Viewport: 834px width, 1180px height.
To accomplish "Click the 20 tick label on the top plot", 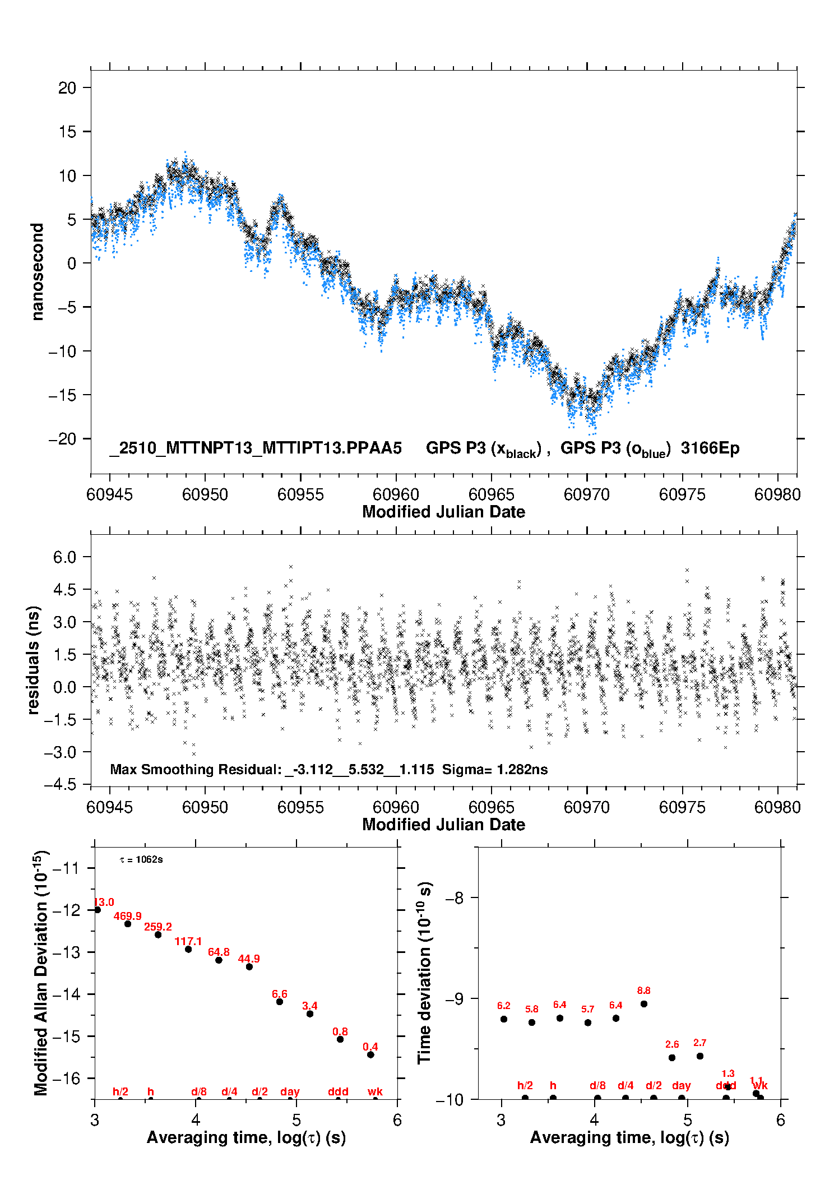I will pyautogui.click(x=67, y=88).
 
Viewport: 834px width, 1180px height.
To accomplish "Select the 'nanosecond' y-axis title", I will pyautogui.click(x=38, y=271).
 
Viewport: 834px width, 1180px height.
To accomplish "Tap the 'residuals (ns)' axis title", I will pyautogui.click(x=34, y=660).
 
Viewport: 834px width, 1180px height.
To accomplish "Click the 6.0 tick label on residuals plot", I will pyautogui.click(x=64, y=557).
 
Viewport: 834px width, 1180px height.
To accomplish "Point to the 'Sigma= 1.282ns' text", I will pyautogui.click(x=495, y=769).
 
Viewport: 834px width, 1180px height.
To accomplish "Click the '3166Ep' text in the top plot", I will pyautogui.click(x=710, y=448).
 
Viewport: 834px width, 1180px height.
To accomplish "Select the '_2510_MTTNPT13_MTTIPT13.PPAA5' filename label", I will pyautogui.click(x=256, y=448).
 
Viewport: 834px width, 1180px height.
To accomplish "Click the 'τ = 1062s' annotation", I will pyautogui.click(x=141, y=859).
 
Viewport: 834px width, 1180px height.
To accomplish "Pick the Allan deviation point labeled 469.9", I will pyautogui.click(x=128, y=923).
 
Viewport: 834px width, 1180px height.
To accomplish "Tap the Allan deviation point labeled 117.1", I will pyautogui.click(x=188, y=949).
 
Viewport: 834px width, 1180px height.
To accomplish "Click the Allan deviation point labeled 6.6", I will pyautogui.click(x=280, y=1001).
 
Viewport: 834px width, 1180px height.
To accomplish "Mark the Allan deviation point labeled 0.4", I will pyautogui.click(x=370, y=1054).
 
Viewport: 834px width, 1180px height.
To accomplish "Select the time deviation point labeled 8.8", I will pyautogui.click(x=644, y=1003).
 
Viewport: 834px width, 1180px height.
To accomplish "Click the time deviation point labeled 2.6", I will pyautogui.click(x=672, y=1057).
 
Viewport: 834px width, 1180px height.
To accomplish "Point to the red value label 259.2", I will pyautogui.click(x=158, y=927).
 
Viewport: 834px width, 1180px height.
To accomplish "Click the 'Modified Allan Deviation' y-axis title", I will pyautogui.click(x=41, y=973).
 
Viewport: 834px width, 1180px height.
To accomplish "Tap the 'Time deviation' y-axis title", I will pyautogui.click(x=424, y=973).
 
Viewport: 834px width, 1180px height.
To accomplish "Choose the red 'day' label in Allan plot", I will pyautogui.click(x=290, y=1091).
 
